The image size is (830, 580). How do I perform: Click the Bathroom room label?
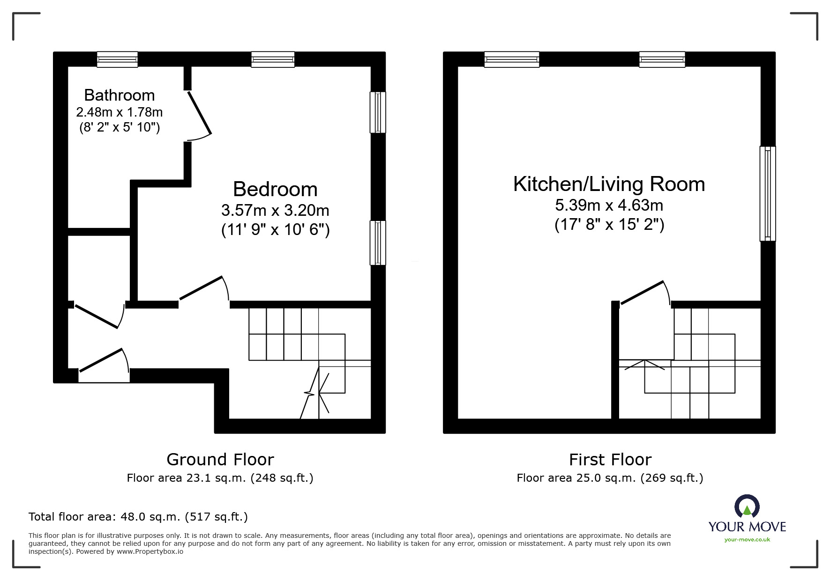119,95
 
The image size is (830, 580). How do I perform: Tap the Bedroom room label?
275,189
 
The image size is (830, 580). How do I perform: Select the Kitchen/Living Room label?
609,184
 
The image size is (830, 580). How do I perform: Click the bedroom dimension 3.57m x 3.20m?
275,210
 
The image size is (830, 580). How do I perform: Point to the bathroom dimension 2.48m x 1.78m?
119,112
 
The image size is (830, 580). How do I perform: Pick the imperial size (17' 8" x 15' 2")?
609,225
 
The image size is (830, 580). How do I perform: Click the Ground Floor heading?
220,460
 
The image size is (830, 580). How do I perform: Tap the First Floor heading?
610,460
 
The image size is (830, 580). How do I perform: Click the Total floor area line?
138,517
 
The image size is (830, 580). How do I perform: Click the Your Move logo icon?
747,507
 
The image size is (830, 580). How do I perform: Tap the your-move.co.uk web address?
747,540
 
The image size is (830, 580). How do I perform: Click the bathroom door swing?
200,115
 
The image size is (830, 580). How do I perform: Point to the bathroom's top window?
117,59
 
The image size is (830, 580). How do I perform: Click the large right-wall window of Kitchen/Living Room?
767,194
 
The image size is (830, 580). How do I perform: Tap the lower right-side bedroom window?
378,243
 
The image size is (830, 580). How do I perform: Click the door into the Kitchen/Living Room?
644,293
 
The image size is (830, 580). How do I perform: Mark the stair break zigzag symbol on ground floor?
310,393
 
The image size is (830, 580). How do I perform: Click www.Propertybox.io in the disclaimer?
150,551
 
